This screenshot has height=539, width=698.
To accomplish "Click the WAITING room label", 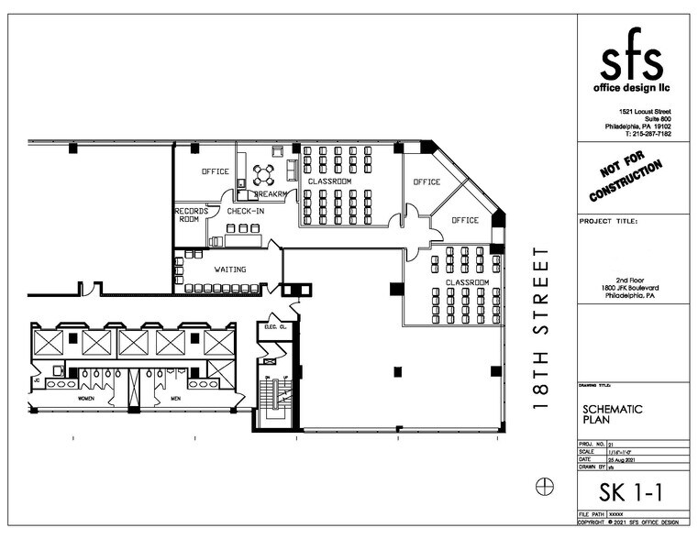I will click(x=229, y=269).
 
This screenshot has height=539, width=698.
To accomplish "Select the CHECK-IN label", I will click(x=245, y=212).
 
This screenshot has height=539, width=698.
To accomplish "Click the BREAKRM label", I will click(x=271, y=194).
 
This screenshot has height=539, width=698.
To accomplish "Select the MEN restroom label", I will click(x=174, y=399).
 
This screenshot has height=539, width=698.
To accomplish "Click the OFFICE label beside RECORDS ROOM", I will click(x=216, y=171).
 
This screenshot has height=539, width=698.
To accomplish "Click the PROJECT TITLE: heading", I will click(x=609, y=221).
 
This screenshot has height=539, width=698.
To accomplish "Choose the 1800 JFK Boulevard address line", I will click(x=623, y=289).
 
